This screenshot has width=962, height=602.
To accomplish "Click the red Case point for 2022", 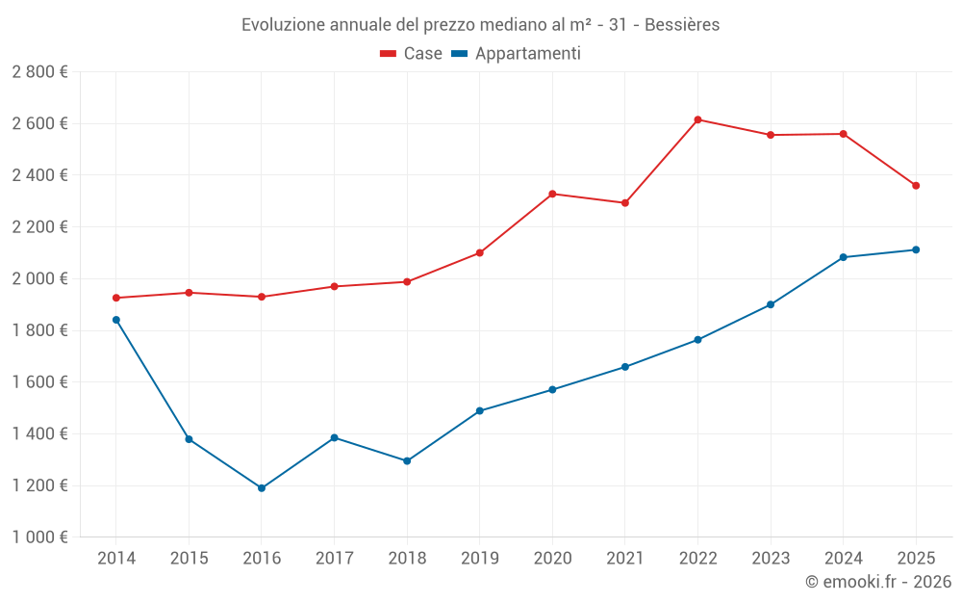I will [x=697, y=119].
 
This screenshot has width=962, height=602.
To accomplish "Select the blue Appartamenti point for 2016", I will [x=262, y=488].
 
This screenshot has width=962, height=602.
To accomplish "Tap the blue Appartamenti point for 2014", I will [x=116, y=320].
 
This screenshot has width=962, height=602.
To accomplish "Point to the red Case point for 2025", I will [x=916, y=186].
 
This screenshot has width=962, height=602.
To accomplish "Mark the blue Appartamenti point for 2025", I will [x=916, y=250].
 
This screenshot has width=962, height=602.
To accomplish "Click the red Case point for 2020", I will [x=552, y=195].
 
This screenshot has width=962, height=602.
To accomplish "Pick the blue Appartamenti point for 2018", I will [x=407, y=461].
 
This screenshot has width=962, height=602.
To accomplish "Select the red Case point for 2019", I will [x=480, y=253].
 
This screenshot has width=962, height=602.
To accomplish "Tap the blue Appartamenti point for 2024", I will [x=844, y=257].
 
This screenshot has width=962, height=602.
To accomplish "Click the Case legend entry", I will [x=412, y=54].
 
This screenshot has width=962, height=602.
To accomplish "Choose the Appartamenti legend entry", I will [x=517, y=54].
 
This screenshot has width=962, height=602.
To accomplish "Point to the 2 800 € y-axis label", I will [x=39, y=72].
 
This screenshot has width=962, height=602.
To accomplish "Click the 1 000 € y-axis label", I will [x=39, y=537].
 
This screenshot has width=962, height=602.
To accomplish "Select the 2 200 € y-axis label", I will [x=39, y=227].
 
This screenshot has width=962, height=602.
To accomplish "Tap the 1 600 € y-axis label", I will [x=39, y=382].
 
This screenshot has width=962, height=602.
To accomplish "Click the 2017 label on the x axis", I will [x=334, y=558].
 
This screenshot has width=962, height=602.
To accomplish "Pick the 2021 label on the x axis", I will [x=625, y=558].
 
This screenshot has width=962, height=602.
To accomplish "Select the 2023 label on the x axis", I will [x=771, y=558].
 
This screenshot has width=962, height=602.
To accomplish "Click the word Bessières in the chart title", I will [x=682, y=25].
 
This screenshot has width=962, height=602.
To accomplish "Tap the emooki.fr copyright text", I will [x=878, y=582].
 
